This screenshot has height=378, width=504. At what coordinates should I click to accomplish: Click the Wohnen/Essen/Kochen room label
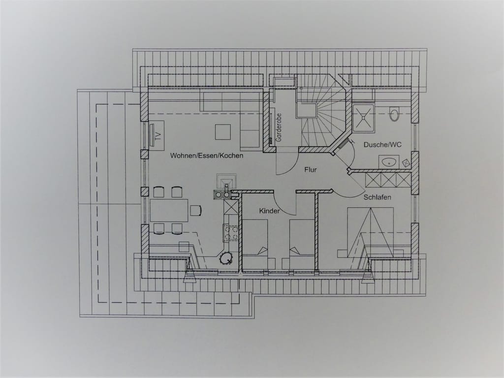[206, 156]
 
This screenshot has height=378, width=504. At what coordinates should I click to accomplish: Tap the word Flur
[311, 169]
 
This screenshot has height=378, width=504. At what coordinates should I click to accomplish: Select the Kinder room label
[269, 211]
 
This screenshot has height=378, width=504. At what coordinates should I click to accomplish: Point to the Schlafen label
[378, 197]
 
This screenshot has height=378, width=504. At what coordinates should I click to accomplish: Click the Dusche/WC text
[382, 145]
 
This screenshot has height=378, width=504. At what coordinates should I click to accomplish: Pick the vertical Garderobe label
[279, 127]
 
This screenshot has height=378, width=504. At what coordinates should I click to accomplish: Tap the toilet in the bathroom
[394, 114]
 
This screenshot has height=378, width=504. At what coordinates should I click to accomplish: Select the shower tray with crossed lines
[363, 118]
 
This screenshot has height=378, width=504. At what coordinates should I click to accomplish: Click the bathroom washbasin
[389, 161]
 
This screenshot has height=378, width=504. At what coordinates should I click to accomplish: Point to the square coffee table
[223, 132]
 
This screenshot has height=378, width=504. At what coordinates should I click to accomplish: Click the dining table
[169, 210]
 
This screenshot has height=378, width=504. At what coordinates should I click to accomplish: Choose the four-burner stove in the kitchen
[231, 233]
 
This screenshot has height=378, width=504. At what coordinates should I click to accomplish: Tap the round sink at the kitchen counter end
[226, 258]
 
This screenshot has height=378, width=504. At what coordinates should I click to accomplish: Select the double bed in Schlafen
[370, 232]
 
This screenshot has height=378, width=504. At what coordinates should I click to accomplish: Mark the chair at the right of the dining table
[196, 210]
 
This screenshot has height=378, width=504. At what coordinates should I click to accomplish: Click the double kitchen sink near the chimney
[222, 194]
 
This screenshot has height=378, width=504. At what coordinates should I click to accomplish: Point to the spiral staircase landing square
[306, 110]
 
